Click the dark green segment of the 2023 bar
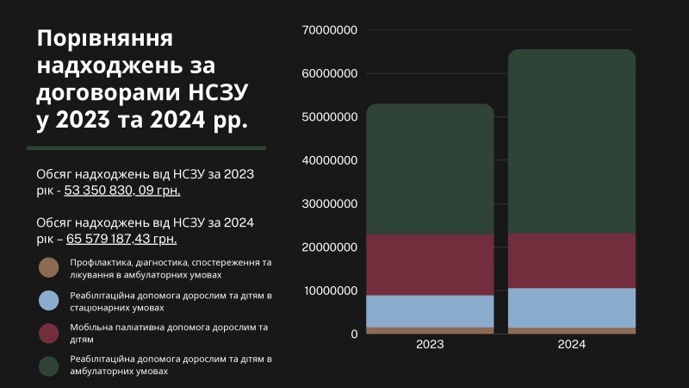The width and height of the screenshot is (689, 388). [430, 169]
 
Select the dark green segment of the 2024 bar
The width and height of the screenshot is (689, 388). [572, 141]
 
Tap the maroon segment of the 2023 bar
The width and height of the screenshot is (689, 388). [430, 265]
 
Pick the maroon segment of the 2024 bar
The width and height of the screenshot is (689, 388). [572, 260]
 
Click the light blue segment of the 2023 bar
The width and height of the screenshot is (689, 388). [430, 311]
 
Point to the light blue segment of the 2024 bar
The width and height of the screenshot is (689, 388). [572, 308]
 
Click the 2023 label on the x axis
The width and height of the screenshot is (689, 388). [430, 344]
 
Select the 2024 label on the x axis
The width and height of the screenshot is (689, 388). [572, 344]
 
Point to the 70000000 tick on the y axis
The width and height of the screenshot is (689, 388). [331, 30]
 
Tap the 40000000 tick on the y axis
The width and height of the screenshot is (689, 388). [331, 160]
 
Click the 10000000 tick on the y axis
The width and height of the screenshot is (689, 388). [331, 291]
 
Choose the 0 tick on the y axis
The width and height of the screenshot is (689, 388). [354, 334]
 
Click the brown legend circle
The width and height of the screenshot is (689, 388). [49, 267]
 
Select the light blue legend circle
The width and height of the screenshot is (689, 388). [49, 300]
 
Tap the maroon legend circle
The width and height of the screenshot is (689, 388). [49, 333]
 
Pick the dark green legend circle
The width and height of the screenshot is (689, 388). [49, 366]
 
